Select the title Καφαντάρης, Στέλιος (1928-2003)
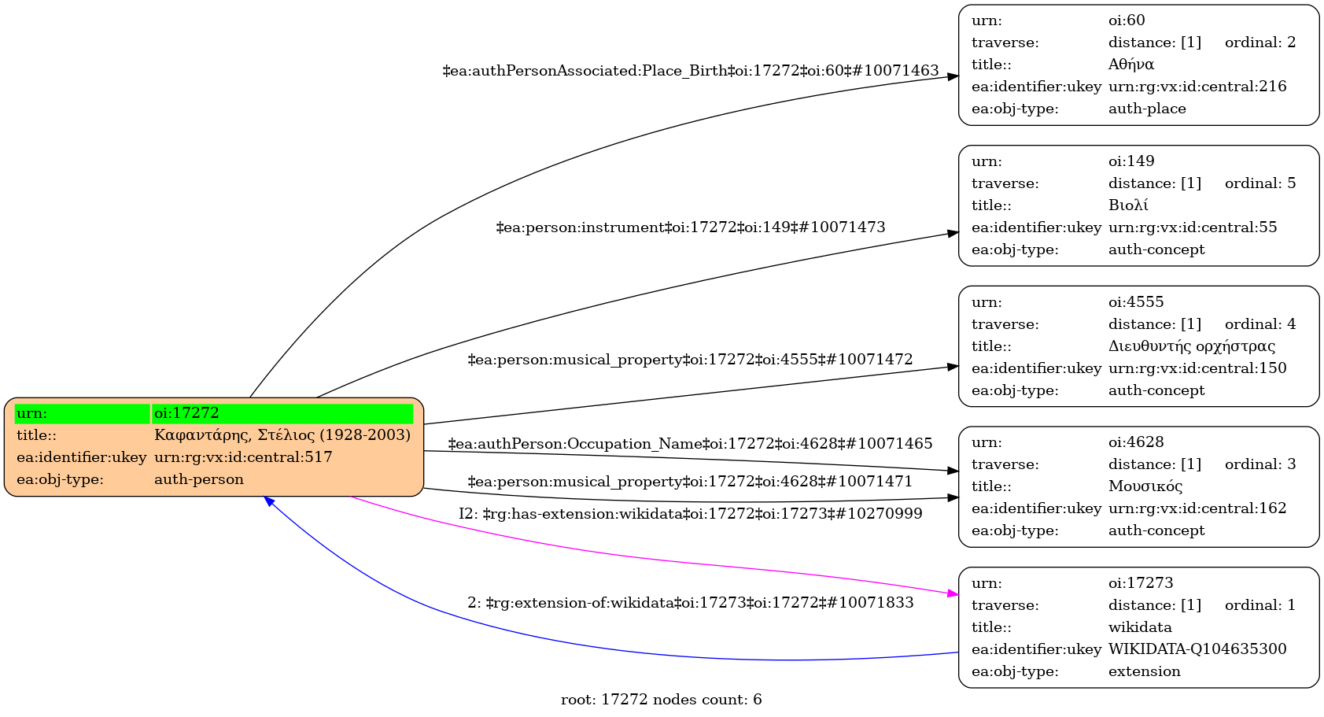282,435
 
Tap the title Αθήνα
1130,65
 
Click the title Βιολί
1128,205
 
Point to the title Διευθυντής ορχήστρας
1191,346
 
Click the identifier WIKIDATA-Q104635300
1197,649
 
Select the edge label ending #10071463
691,71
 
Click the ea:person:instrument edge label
691,227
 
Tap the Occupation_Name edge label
690,444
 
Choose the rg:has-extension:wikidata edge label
690,514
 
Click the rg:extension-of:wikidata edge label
690,603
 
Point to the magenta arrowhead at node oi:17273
953,594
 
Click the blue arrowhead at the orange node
269,501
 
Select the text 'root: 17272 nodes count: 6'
661,700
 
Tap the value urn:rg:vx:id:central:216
1197,87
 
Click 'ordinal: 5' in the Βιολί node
1259,183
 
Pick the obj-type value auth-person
199,479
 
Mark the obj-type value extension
1144,671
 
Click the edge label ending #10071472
690,360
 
